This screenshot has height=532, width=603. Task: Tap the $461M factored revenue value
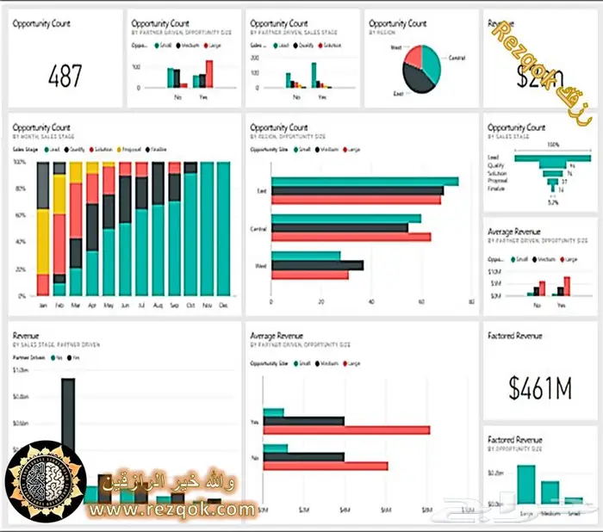540,388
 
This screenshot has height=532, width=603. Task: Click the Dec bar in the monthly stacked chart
223,228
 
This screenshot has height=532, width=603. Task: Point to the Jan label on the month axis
43,306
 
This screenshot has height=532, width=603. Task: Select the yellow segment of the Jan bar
43,241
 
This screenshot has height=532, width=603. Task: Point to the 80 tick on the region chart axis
470,303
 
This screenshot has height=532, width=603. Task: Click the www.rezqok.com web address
172,510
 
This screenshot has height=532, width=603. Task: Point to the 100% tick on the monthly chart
20,162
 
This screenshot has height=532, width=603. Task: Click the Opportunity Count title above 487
40,23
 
